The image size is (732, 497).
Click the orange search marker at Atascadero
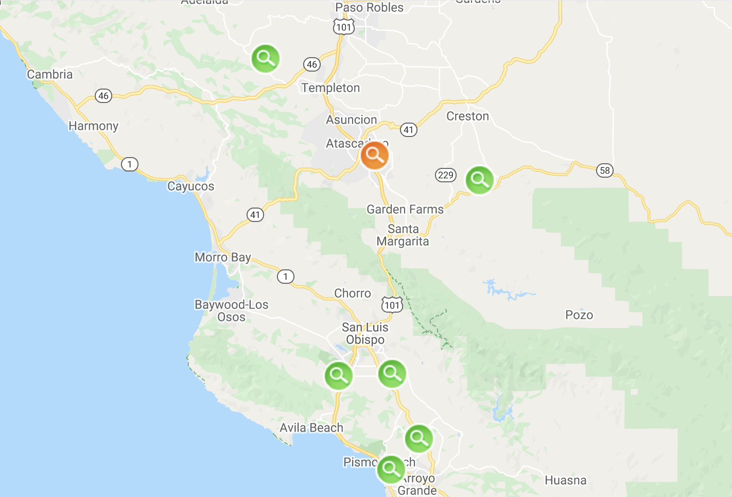[374, 155]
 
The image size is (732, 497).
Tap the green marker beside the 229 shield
[479, 180]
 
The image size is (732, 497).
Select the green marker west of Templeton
[266, 58]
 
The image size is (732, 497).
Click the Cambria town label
[50, 74]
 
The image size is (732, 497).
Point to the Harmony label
[93, 126]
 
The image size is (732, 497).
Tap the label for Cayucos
[190, 186]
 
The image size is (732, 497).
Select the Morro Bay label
[222, 257]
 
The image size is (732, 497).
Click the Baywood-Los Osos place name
[231, 311]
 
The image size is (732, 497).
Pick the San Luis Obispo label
[365, 333]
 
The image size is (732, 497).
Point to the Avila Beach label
[311, 427]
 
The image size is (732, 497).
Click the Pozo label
[579, 315]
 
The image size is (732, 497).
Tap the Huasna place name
[565, 480]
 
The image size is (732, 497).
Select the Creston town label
[467, 116]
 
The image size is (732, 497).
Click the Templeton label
[330, 88]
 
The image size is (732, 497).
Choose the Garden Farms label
[405, 209]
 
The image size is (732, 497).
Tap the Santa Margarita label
[403, 235]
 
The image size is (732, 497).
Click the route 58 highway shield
[605, 170]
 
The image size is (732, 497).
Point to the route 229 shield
[445, 175]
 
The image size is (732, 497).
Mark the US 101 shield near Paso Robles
[343, 27]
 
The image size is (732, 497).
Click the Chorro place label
[352, 293]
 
